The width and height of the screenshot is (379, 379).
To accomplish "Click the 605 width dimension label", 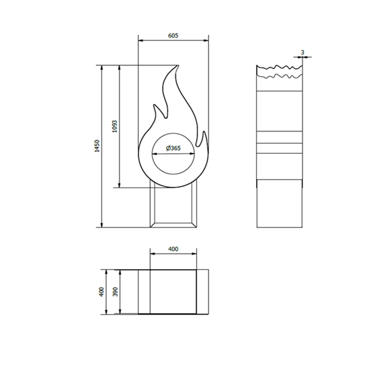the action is click(173, 36).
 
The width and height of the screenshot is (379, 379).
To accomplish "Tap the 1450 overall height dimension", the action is click(97, 146).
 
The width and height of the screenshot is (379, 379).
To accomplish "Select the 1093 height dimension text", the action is click(115, 126).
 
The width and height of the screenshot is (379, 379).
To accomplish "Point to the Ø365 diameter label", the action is click(173, 148).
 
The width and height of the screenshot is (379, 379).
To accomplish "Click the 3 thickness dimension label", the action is click(302, 52).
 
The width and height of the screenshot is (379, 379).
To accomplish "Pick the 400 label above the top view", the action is click(173, 249).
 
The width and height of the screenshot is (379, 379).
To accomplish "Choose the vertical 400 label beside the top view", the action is click(102, 292).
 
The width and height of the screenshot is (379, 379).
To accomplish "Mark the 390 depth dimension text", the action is click(115, 292).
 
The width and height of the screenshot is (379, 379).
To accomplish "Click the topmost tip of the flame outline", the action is click(178, 66).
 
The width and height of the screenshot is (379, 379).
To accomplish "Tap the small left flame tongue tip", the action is click(154, 104).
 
